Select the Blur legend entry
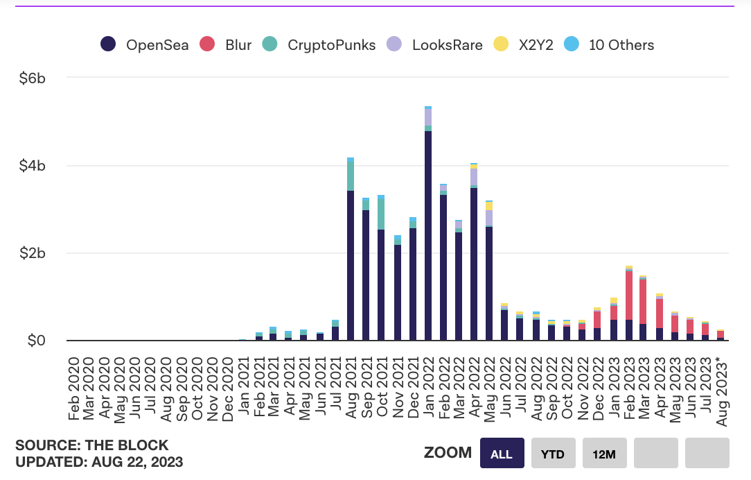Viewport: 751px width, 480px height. tap(225, 45)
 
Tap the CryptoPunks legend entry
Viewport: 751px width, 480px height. tap(319, 45)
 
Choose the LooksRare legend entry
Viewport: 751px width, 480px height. tap(435, 45)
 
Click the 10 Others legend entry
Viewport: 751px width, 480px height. tap(610, 45)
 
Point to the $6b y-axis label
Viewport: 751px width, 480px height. tap(32, 78)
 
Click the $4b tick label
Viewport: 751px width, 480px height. tap(32, 166)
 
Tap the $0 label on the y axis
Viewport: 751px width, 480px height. tap(36, 341)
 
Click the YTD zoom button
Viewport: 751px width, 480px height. tap(553, 454)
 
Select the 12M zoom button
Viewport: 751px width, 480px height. tap(604, 454)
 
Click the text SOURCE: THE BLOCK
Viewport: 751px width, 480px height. tap(92, 445)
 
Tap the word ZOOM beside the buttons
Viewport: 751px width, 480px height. tap(448, 454)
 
